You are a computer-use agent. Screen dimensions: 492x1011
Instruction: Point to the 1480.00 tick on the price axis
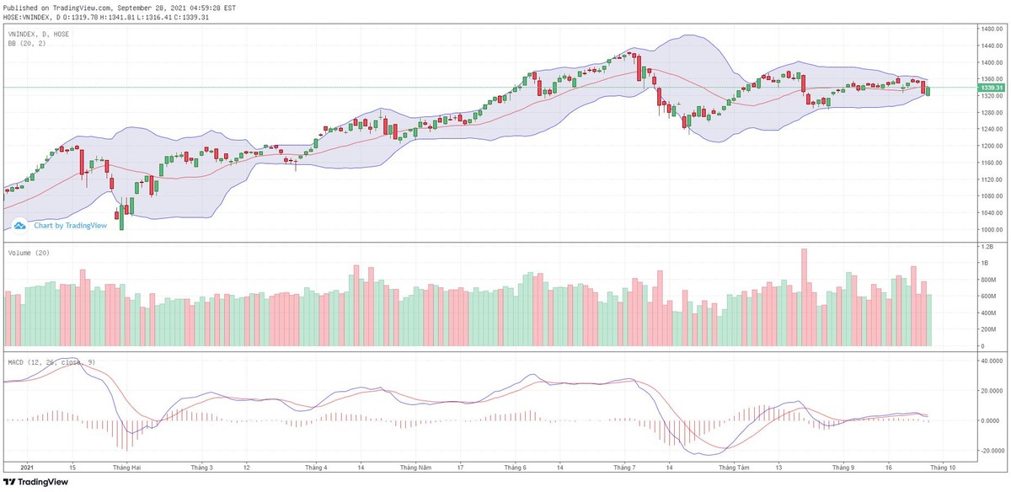click(987, 29)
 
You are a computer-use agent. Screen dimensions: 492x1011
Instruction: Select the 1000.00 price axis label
click(987, 229)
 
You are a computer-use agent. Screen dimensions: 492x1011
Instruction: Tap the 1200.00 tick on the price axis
click(987, 146)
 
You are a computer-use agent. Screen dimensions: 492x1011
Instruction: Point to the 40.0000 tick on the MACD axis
click(987, 361)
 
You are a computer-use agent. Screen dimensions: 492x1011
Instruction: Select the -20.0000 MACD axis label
click(987, 450)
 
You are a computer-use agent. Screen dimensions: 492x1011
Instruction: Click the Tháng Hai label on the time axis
click(126, 466)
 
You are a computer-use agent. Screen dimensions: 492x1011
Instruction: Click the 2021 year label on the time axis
click(26, 466)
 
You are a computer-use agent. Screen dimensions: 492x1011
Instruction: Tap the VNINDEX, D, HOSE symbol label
click(39, 34)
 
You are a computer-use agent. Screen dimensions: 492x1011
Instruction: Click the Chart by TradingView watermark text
click(70, 225)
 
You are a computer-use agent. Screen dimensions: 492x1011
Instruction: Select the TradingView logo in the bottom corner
click(34, 483)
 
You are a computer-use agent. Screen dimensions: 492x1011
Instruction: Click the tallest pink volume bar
click(804, 297)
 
